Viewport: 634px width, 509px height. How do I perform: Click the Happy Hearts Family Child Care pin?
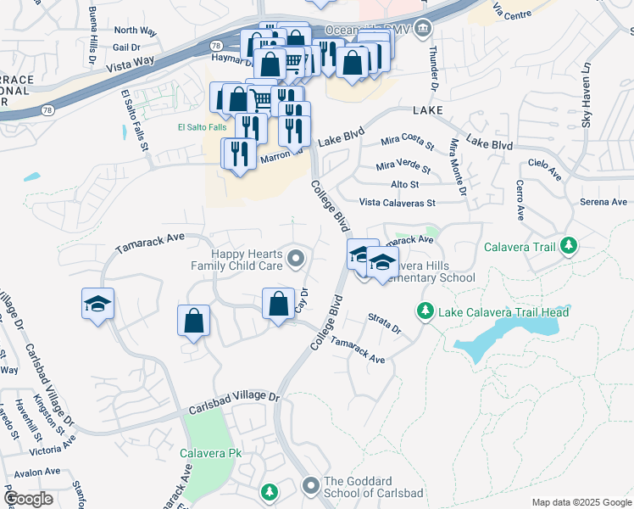coord(295,258)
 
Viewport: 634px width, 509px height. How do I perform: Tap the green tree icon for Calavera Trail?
coord(569,247)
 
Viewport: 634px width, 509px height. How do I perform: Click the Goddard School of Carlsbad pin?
coord(311,486)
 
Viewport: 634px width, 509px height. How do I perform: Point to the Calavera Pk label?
coord(211,454)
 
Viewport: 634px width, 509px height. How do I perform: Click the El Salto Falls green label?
coord(202,128)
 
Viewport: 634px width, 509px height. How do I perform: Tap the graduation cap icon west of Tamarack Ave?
coord(97,305)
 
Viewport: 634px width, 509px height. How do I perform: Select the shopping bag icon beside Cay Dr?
coord(278,304)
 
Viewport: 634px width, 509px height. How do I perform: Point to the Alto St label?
coord(404,184)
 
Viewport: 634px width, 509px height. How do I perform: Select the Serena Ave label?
coord(603,202)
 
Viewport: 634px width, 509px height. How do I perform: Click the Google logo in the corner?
coord(29,498)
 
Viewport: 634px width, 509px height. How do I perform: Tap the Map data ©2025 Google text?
coord(581,502)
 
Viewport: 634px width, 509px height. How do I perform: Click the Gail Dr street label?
coord(125,48)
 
